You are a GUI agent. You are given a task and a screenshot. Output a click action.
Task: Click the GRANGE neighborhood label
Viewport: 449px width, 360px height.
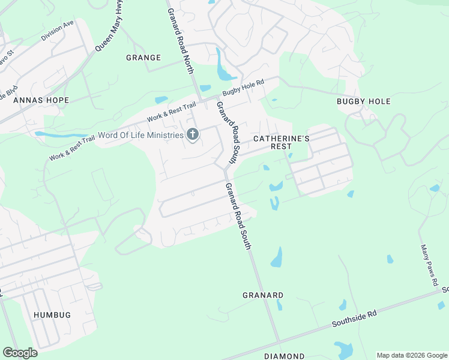tap(143, 58)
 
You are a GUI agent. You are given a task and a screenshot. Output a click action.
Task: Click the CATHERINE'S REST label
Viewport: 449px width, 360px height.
tap(281, 142)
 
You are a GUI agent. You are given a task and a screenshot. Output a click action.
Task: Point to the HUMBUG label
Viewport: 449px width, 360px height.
tap(52, 315)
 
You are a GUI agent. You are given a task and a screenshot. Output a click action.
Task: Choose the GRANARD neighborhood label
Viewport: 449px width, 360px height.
tap(263, 295)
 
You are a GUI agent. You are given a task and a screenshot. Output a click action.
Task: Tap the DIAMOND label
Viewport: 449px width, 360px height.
tap(284, 356)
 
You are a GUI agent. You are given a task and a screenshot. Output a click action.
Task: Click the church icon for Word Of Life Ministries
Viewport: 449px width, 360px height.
tap(192, 134)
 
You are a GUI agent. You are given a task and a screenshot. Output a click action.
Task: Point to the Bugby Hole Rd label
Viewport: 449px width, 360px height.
tap(243, 88)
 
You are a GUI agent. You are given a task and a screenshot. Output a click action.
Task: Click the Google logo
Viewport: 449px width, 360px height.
tap(20, 352)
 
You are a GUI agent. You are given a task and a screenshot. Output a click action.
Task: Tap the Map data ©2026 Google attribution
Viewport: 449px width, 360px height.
tap(412, 355)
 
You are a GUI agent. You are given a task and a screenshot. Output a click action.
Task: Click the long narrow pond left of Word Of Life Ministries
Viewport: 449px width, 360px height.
tap(60, 134)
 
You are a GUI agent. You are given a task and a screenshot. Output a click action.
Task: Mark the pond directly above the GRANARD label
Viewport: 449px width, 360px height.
tap(276, 258)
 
